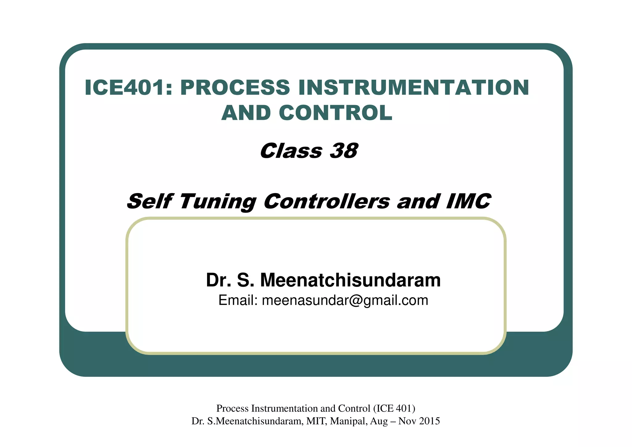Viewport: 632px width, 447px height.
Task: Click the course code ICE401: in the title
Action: click(x=128, y=88)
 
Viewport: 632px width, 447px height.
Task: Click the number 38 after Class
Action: click(x=343, y=151)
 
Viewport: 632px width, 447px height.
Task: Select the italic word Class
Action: click(x=291, y=151)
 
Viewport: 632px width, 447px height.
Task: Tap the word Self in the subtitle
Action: click(x=149, y=201)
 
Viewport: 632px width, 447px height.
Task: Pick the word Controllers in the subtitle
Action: click(x=327, y=201)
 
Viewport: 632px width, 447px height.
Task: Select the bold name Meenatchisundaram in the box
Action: click(x=350, y=280)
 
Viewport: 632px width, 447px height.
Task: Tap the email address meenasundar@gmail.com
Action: click(x=345, y=301)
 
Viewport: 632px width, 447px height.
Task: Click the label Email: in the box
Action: click(x=238, y=301)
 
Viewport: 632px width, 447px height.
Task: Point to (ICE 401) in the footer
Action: click(x=394, y=408)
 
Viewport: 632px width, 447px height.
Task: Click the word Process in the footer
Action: click(x=232, y=408)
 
